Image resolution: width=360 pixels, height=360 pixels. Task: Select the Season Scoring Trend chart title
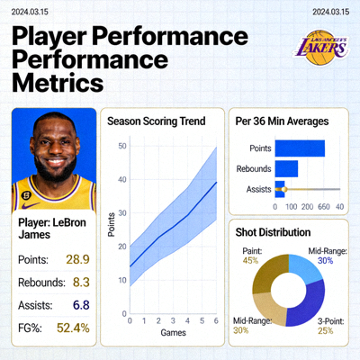click(157, 121)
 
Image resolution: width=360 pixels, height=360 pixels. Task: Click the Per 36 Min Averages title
click(280, 121)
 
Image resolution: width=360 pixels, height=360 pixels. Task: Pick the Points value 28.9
click(77, 259)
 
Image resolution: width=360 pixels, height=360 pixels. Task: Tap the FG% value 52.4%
click(73, 328)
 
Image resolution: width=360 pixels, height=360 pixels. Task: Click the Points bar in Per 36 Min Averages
click(299, 148)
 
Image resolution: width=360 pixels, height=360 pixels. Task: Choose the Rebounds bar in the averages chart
click(285, 168)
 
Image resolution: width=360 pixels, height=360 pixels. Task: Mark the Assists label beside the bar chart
click(259, 189)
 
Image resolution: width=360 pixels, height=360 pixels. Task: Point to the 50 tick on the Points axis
click(121, 145)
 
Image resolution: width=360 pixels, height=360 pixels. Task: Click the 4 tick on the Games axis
click(187, 320)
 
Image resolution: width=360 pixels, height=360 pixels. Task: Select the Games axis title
click(173, 333)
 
